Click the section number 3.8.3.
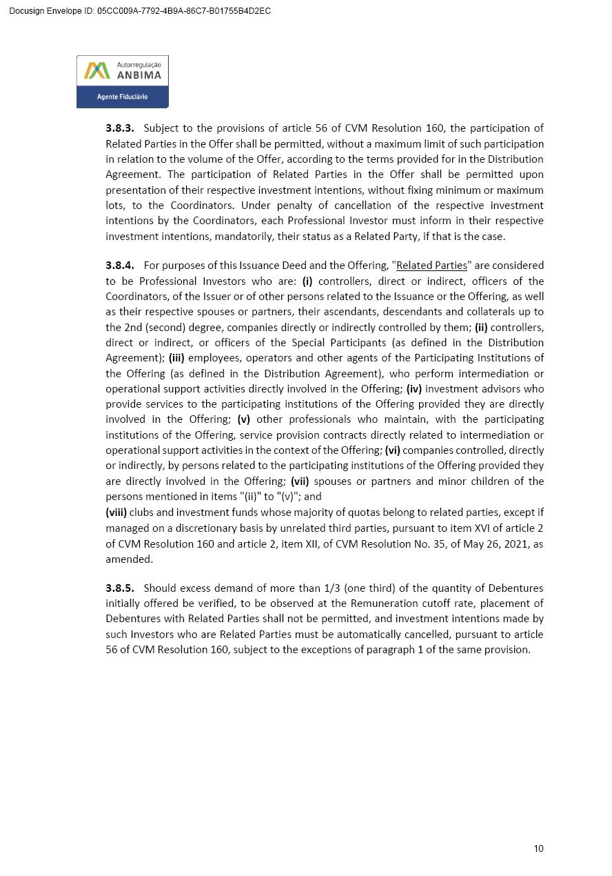(120, 128)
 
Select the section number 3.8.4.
(120, 266)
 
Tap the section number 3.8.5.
(120, 588)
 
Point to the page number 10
(538, 848)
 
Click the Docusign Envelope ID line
(140, 11)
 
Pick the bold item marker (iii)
(177, 358)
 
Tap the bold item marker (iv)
(414, 389)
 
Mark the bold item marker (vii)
(300, 481)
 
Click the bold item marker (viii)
(116, 512)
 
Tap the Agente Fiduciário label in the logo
(122, 97)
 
